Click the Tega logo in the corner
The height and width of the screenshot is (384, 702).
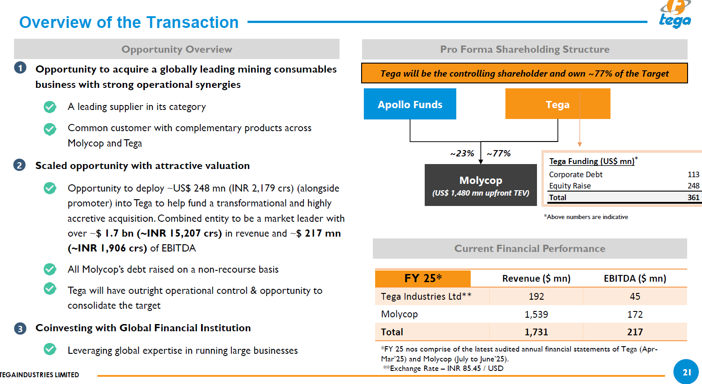pyautogui.click(x=675, y=15)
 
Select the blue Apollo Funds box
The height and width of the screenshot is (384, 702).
pyautogui.click(x=410, y=104)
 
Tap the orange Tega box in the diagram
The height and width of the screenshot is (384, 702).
pyautogui.click(x=557, y=104)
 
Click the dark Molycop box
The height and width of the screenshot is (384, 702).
pyautogui.click(x=481, y=185)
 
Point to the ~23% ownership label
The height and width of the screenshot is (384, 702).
pyautogui.click(x=462, y=154)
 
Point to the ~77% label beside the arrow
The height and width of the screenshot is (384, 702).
pyautogui.click(x=499, y=154)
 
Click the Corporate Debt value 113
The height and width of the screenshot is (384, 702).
pyautogui.click(x=693, y=174)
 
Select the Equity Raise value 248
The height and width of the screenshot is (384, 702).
pyautogui.click(x=693, y=186)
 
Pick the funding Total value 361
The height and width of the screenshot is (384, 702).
pyautogui.click(x=693, y=197)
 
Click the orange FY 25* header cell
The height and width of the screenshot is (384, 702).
pyautogui.click(x=423, y=279)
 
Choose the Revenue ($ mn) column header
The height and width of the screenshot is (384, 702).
pyautogui.click(x=536, y=279)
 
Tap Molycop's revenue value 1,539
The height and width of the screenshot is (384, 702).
pyautogui.click(x=536, y=315)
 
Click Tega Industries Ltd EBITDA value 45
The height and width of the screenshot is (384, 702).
pyautogui.click(x=635, y=297)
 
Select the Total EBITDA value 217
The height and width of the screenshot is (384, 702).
pyautogui.click(x=635, y=332)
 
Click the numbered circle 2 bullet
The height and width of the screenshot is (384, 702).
pyautogui.click(x=19, y=165)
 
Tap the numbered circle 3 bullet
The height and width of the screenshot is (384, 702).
pyautogui.click(x=20, y=329)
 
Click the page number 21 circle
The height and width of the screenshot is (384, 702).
pyautogui.click(x=686, y=372)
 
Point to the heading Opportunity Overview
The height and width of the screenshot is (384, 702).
pyautogui.click(x=177, y=49)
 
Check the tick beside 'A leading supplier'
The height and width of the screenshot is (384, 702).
pyautogui.click(x=50, y=107)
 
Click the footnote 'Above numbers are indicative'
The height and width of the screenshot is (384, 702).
pyautogui.click(x=586, y=217)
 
